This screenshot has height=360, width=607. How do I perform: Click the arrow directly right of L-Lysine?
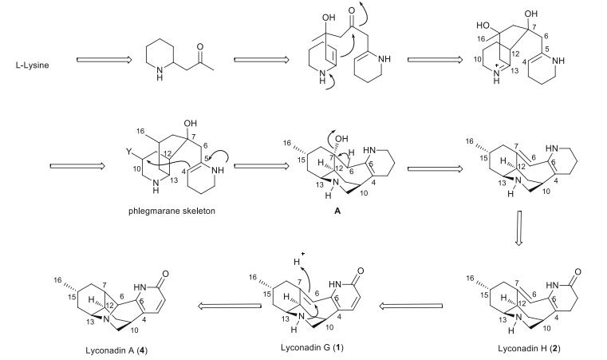101,61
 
